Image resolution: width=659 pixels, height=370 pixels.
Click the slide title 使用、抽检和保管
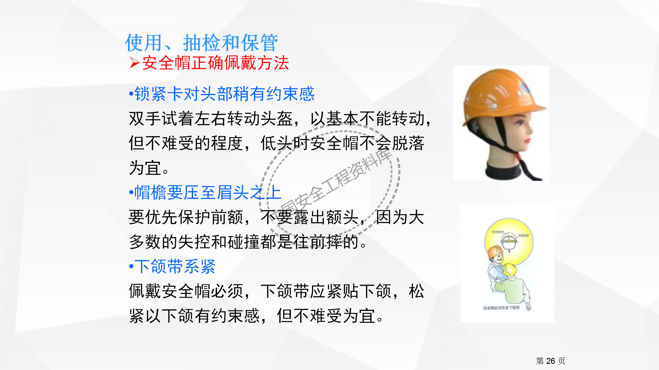201,43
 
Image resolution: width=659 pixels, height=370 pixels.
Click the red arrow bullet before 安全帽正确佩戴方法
134,63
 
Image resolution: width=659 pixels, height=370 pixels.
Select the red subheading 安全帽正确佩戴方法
215,63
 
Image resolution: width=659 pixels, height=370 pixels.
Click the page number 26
550,361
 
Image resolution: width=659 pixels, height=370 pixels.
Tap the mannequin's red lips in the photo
527,141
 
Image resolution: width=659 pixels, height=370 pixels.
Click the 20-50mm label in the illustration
498,232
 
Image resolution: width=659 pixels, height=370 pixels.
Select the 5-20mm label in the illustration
523,235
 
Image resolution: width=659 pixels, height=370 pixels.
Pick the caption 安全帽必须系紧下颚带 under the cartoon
501,308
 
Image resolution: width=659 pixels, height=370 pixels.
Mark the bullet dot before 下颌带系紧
131,266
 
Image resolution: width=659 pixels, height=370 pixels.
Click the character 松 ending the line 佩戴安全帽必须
416,291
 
